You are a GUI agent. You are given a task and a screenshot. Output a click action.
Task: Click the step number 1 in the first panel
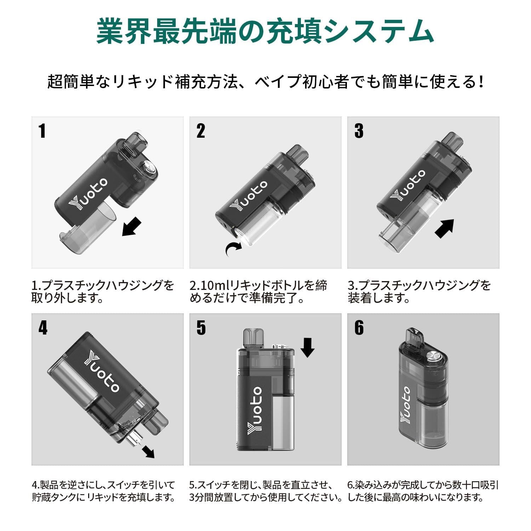pos(42,131)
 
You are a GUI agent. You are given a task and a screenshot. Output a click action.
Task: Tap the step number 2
pos(201,131)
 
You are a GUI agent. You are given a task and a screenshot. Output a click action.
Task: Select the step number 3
pos(359,131)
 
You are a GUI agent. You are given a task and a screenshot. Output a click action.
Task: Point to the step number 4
pos(43,328)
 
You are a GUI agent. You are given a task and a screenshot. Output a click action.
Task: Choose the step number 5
pos(201,328)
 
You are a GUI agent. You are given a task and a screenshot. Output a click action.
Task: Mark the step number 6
pos(359,328)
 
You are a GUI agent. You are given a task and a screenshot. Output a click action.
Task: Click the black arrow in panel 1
pos(132,227)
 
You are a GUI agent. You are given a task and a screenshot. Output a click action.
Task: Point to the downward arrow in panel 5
pos(307,347)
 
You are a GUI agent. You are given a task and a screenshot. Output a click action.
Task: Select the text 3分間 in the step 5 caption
pos(202,497)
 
